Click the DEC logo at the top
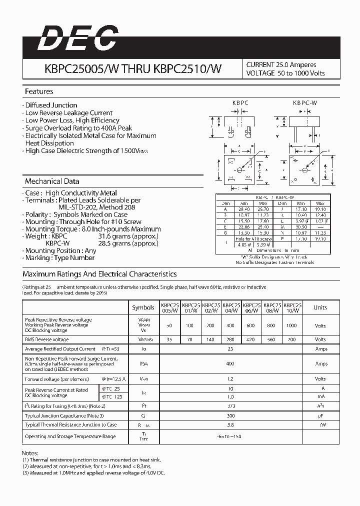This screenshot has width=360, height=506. [x=78, y=39]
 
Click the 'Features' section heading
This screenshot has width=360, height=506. [x=39, y=91]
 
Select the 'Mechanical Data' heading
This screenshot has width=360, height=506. [x=52, y=181]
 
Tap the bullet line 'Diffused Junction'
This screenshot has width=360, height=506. [x=51, y=105]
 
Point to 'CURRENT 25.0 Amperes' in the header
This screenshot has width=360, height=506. [x=281, y=64]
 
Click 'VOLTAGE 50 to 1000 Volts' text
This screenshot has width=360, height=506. [x=285, y=73]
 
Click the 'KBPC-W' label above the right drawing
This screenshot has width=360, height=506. [x=305, y=102]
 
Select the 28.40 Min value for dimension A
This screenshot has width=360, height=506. [x=244, y=208]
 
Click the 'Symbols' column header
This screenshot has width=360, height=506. [x=143, y=307]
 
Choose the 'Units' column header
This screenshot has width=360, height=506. [x=320, y=307]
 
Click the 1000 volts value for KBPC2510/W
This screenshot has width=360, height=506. [x=291, y=325]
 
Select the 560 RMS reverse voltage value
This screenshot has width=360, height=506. [x=271, y=339]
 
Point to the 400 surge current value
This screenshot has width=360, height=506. [x=230, y=364]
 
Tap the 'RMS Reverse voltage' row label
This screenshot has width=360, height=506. [x=47, y=339]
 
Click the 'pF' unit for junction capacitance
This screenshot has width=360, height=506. [x=320, y=415]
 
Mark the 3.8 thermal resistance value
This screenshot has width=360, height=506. [x=230, y=424]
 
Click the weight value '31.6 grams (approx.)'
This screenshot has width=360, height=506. [x=128, y=236]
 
